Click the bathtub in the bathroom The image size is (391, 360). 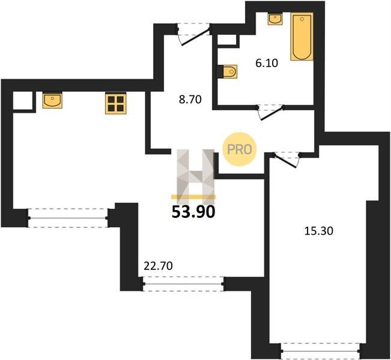click(x=302, y=37)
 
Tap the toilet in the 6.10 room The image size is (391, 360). click(x=230, y=72)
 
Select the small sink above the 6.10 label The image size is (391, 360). click(x=275, y=19)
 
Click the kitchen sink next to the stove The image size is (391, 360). click(x=52, y=100)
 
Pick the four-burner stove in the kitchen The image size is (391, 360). click(x=116, y=103)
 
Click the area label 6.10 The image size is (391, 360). click(x=267, y=63)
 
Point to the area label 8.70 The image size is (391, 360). click(x=190, y=100)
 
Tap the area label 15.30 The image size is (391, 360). click(x=319, y=231)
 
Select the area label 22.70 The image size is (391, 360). click(x=159, y=266)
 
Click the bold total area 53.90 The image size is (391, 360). click(x=193, y=212)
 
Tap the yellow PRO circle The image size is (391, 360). click(x=240, y=149)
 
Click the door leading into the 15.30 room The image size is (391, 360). click(x=286, y=160)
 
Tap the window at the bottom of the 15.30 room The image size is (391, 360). click(x=321, y=351)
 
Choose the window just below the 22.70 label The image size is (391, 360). click(x=184, y=284)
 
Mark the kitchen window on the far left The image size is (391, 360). click(x=68, y=218)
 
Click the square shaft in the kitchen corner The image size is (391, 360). click(x=22, y=101)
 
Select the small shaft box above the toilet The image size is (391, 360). click(x=226, y=40)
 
